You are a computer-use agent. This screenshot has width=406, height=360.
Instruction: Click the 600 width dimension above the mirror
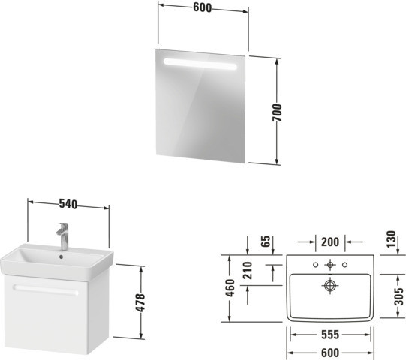(x=202, y=7)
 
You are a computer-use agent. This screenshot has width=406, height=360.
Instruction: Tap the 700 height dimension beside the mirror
(x=277, y=112)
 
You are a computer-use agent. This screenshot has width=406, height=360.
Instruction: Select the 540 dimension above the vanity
(x=68, y=204)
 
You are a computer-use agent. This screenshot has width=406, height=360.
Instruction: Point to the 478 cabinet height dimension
(x=140, y=302)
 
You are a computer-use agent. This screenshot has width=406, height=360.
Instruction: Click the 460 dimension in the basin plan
(x=230, y=288)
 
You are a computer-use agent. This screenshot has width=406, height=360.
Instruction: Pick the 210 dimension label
(x=248, y=271)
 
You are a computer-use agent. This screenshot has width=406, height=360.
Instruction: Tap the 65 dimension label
(x=266, y=241)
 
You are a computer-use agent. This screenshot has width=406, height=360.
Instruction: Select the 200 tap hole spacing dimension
(x=330, y=242)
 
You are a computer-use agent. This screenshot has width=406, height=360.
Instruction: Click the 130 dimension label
(x=392, y=239)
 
